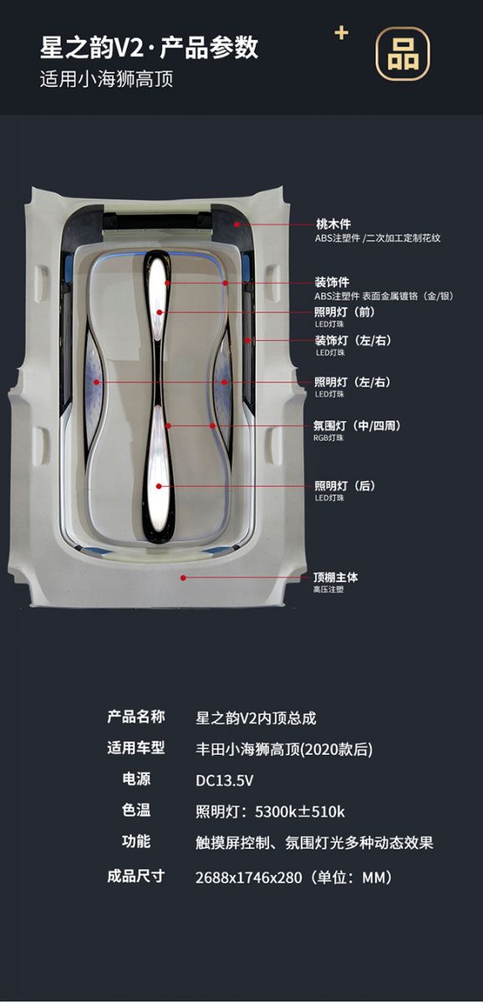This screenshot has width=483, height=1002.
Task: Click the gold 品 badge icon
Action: point(403,53)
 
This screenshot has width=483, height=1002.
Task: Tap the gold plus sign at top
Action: point(342,33)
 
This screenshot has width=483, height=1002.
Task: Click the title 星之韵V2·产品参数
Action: point(149,48)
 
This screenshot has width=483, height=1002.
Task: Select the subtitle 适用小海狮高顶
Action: point(106,79)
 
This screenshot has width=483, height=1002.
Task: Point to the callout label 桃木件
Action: point(333,224)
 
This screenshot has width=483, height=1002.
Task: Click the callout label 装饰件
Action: point(332,282)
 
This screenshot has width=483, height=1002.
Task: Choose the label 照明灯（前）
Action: point(344,311)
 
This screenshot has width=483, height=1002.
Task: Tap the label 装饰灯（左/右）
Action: point(353,341)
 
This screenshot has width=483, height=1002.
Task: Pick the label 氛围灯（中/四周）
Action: point(357,425)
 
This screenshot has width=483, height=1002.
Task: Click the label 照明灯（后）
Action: point(344,486)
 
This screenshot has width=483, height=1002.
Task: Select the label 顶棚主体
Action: point(336,577)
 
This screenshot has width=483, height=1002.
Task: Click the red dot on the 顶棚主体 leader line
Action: point(183,578)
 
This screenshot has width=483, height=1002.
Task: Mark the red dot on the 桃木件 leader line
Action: point(236,225)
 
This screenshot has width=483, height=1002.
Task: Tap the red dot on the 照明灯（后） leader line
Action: point(159,486)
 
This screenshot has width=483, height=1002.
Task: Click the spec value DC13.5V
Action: point(224,781)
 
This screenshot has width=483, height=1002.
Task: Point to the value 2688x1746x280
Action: point(248,878)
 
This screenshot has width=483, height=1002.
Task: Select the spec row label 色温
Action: point(136,810)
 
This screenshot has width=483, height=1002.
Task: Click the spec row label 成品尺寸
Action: point(136,875)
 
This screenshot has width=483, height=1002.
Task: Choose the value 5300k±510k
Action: point(300,812)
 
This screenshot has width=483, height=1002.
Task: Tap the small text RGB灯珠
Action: point(328,438)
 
